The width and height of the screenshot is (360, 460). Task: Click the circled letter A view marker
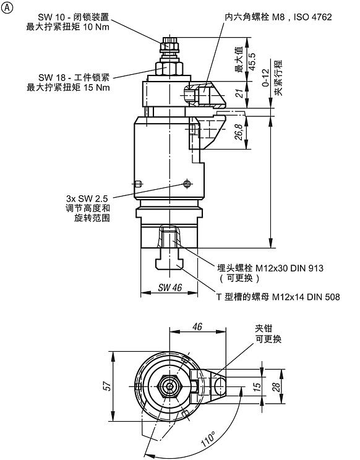point(8,7)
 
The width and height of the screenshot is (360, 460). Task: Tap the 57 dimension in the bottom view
point(108,386)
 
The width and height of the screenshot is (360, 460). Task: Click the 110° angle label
point(208,440)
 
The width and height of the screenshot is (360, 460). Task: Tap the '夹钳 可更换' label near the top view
point(268,334)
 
